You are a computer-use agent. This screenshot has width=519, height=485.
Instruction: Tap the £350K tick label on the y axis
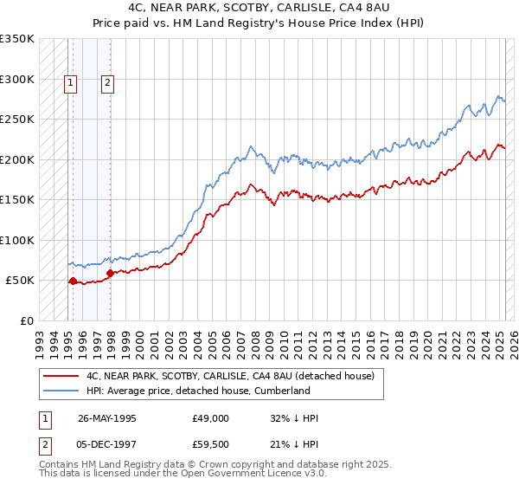point(17,39)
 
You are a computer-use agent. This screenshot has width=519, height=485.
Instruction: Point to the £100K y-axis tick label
point(17,240)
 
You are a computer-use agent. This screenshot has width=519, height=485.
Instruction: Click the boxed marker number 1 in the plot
point(70,84)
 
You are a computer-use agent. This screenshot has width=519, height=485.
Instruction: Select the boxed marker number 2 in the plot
point(107,84)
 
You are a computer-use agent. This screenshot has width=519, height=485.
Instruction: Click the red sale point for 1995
point(73,281)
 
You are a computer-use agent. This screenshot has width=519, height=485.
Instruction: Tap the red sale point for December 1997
point(110,273)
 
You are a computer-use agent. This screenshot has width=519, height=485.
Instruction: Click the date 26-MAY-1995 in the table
point(108,419)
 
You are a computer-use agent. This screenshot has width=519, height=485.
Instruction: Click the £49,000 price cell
point(211,419)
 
